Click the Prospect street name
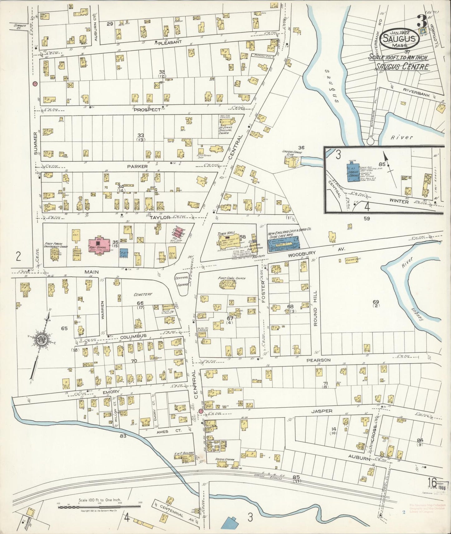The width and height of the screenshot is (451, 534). point(147,110)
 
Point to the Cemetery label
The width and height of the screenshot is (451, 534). point(143,294)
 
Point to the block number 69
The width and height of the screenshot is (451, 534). point(375,302)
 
